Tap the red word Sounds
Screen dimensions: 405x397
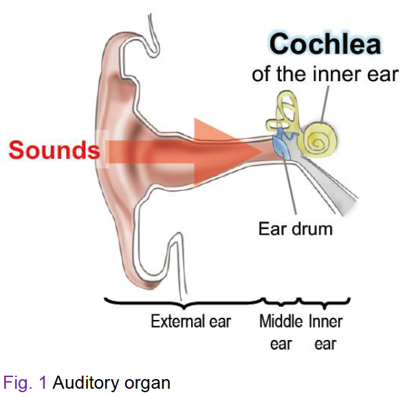pyautogui.click(x=54, y=150)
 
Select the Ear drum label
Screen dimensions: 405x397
pyautogui.click(x=296, y=228)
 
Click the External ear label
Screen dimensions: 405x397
pyautogui.click(x=190, y=321)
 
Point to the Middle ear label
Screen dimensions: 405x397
pyautogui.click(x=281, y=332)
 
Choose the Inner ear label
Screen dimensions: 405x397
pyautogui.click(x=326, y=332)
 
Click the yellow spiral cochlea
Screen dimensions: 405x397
pyautogui.click(x=318, y=140)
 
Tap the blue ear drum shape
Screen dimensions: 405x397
pyautogui.click(x=281, y=144)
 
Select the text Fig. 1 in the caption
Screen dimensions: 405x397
pyautogui.click(x=25, y=383)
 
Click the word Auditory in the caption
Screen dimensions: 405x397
pyautogui.click(x=87, y=383)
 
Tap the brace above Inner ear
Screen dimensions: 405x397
pyautogui.click(x=325, y=303)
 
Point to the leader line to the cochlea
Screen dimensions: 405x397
pyautogui.click(x=325, y=104)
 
